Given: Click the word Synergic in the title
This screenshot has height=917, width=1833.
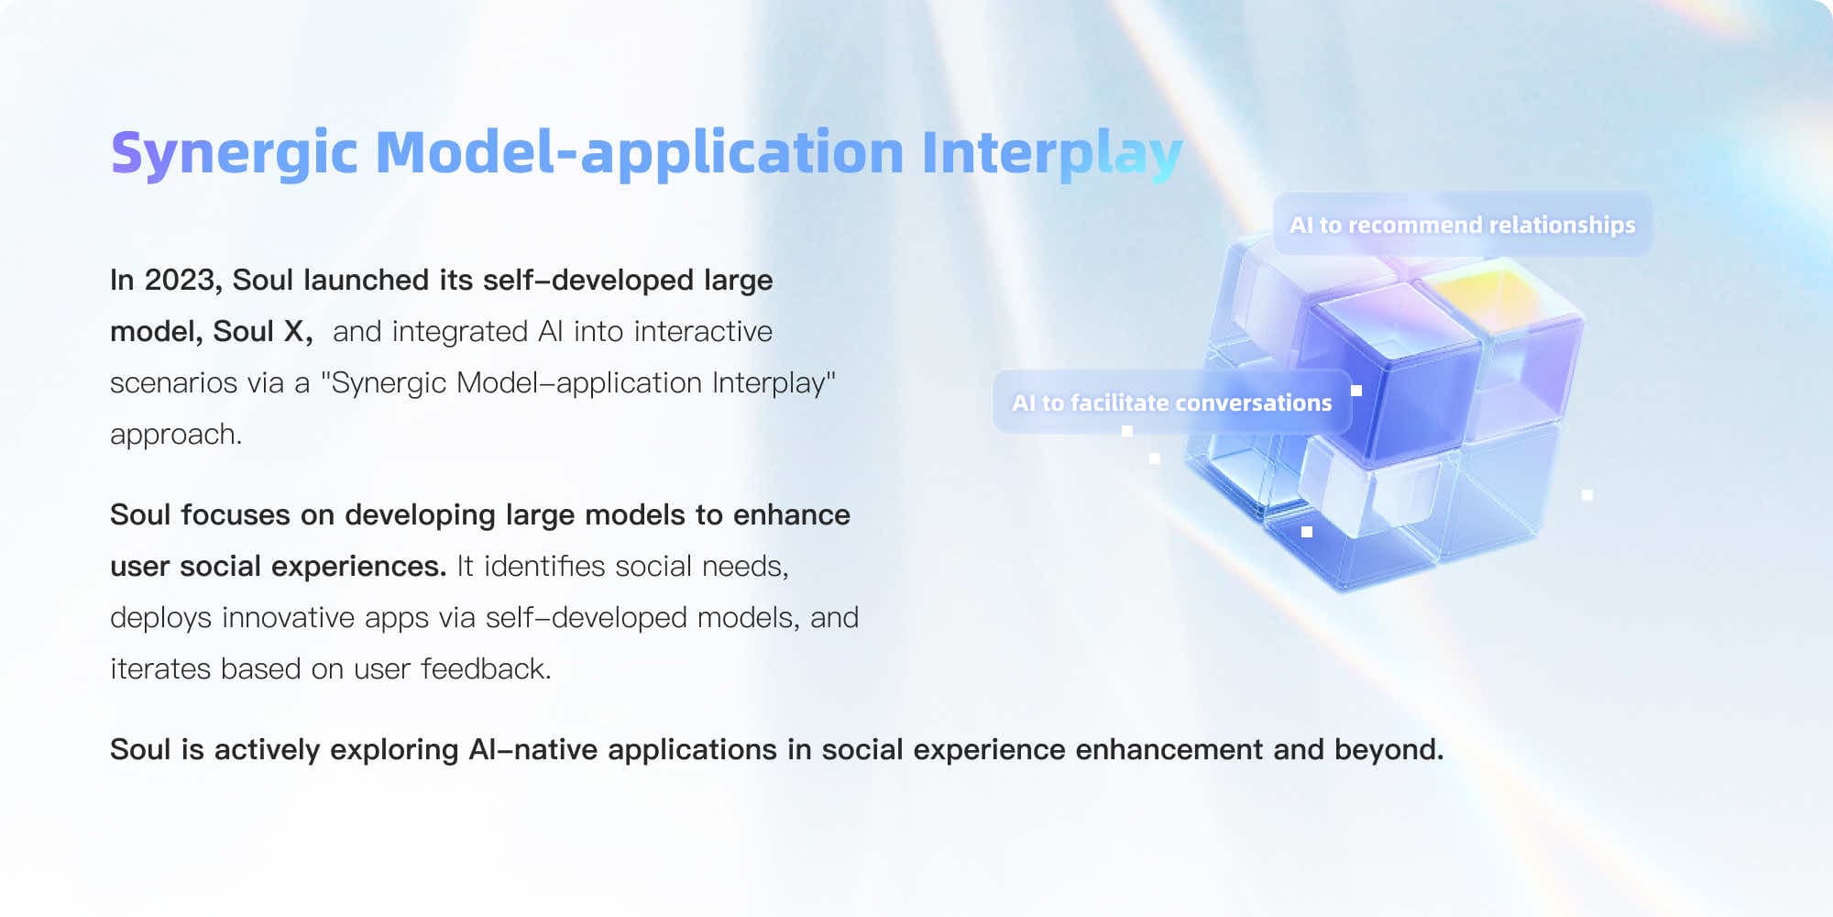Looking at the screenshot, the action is [x=234, y=153].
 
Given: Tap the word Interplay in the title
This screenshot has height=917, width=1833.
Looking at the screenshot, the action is [x=1052, y=153].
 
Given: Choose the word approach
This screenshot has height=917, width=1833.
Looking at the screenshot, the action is [x=176, y=435].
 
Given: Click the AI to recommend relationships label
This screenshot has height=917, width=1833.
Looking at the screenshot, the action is [x=1463, y=225].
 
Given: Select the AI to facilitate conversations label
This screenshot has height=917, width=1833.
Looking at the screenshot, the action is [x=1172, y=403].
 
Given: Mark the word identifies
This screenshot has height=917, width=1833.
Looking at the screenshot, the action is [x=544, y=566].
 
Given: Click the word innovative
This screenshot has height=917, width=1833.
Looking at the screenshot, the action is [x=288, y=617].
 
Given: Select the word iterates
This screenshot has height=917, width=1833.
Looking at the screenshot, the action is [x=160, y=668].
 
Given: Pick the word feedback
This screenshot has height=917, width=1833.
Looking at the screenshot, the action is [x=486, y=668].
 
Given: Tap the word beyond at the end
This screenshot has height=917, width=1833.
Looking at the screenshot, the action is [x=1388, y=750].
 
